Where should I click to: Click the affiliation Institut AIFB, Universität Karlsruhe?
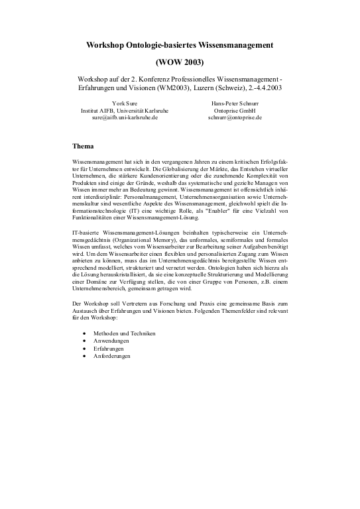point(124,110)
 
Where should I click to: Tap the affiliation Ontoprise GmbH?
point(235,110)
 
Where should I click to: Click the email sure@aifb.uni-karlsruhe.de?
point(124,117)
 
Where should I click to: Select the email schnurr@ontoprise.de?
point(235,117)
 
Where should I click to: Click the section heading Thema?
point(83,145)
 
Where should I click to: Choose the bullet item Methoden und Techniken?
point(124,333)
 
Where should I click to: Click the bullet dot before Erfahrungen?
point(83,349)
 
